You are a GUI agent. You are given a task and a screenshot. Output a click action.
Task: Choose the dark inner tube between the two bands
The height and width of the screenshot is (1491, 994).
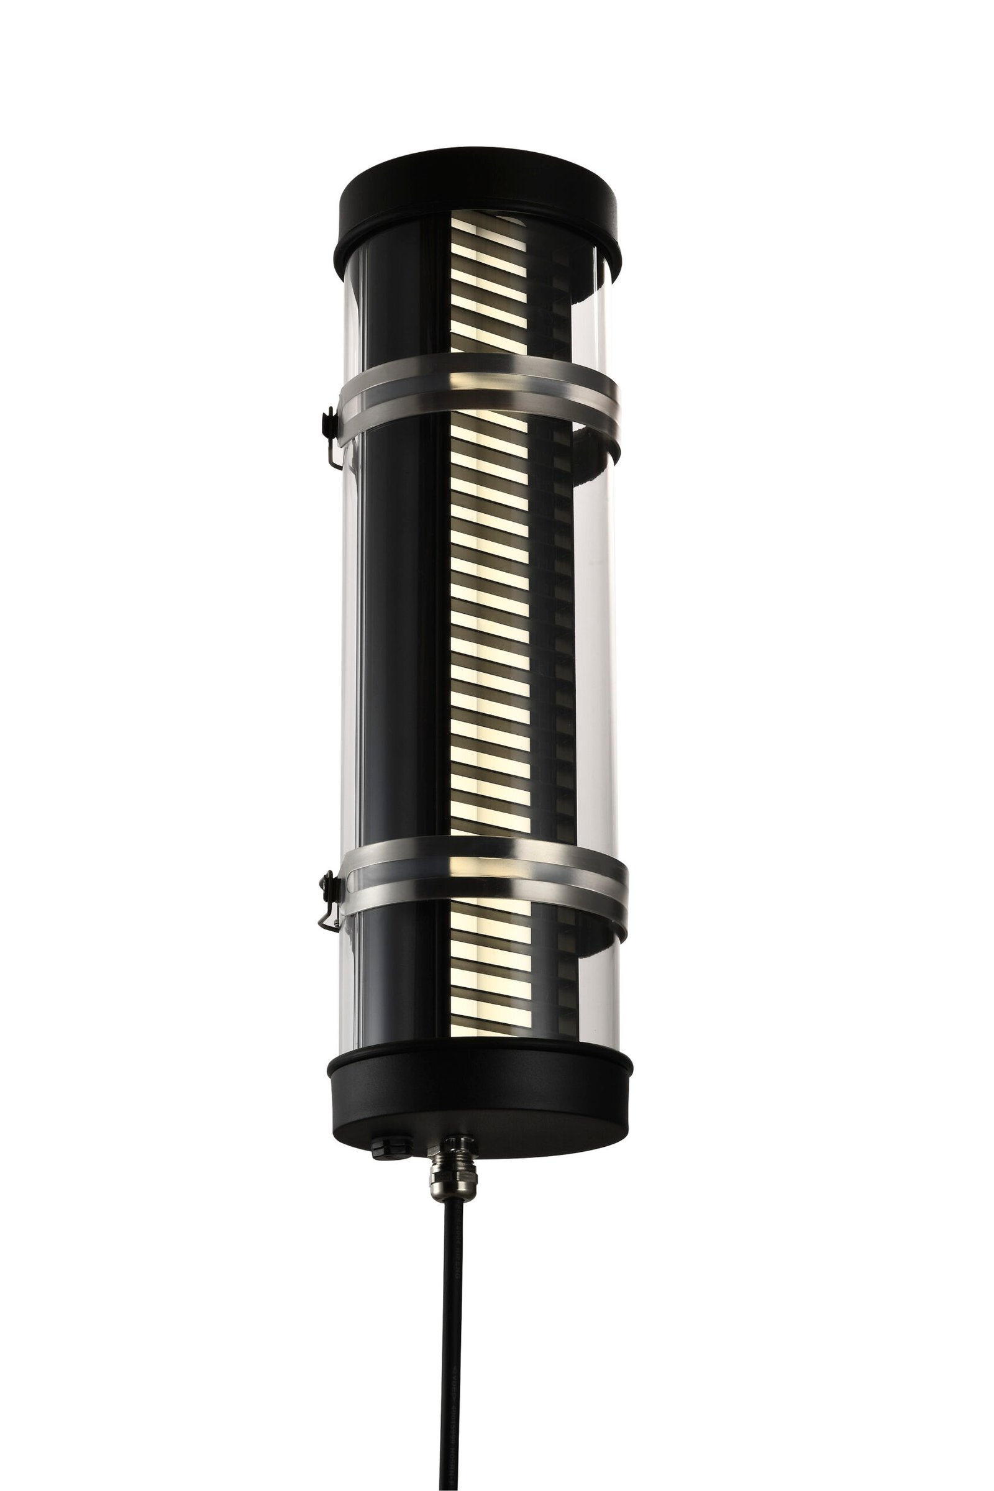pyautogui.click(x=406, y=634)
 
